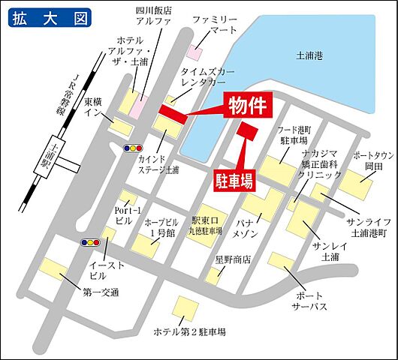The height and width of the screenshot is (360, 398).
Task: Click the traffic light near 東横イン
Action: tap(134, 148)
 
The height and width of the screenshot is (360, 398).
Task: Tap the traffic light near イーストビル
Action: tap(89, 242)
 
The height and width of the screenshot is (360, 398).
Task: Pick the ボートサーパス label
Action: tap(312, 301)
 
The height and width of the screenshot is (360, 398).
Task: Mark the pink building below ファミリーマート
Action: tap(194, 52)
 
